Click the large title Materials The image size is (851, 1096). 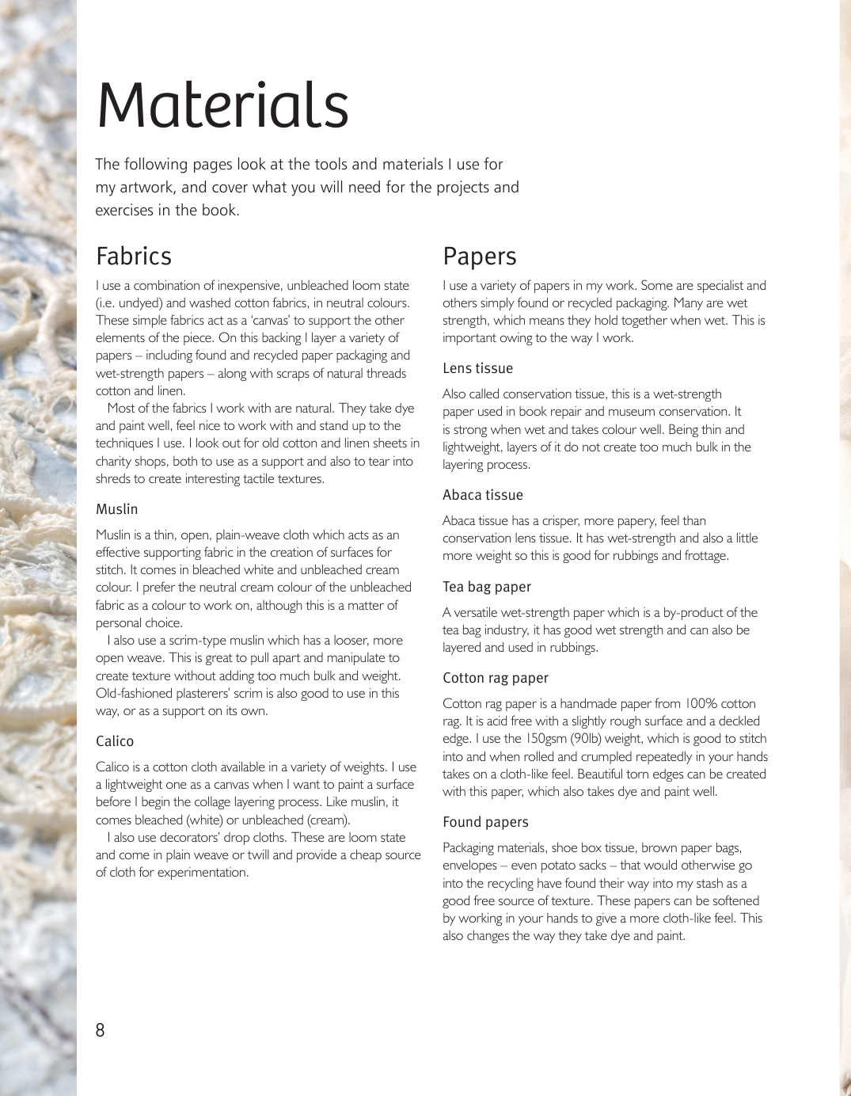click(222, 105)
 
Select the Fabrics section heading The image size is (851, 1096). click(133, 257)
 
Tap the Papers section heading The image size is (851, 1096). click(479, 257)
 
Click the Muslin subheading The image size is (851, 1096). click(116, 509)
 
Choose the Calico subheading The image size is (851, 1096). click(115, 741)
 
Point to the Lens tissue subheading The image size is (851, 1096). click(477, 368)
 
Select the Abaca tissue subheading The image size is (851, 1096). click(482, 495)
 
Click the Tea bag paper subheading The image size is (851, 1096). click(486, 587)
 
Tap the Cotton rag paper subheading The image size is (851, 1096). click(495, 678)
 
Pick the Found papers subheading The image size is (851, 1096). click(485, 822)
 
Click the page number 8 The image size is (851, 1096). click(100, 1030)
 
